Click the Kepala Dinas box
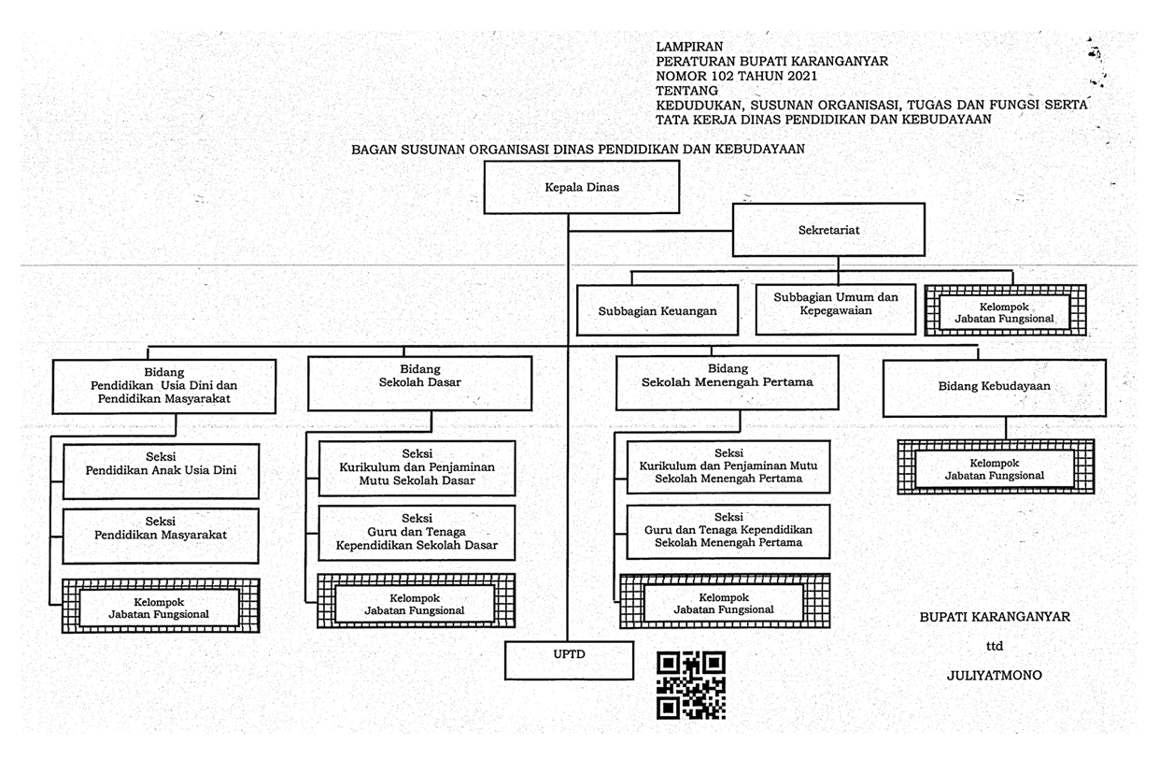(582, 187)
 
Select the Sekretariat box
(828, 230)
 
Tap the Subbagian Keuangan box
(657, 310)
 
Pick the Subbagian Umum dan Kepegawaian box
(836, 309)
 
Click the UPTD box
(569, 660)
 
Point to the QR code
(691, 685)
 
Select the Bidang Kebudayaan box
(994, 388)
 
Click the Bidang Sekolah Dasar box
(419, 383)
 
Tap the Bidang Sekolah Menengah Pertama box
(727, 382)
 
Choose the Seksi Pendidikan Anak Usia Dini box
(161, 471)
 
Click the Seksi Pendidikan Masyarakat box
(161, 536)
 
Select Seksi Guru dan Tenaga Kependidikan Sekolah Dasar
(417, 533)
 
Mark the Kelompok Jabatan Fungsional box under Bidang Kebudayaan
(996, 467)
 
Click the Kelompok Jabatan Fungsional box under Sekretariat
(1005, 310)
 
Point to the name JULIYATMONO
(994, 675)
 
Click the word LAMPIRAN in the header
(689, 47)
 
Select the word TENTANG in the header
(686, 91)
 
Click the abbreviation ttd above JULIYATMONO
(994, 646)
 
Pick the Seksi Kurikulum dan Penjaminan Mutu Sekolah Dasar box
(417, 468)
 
